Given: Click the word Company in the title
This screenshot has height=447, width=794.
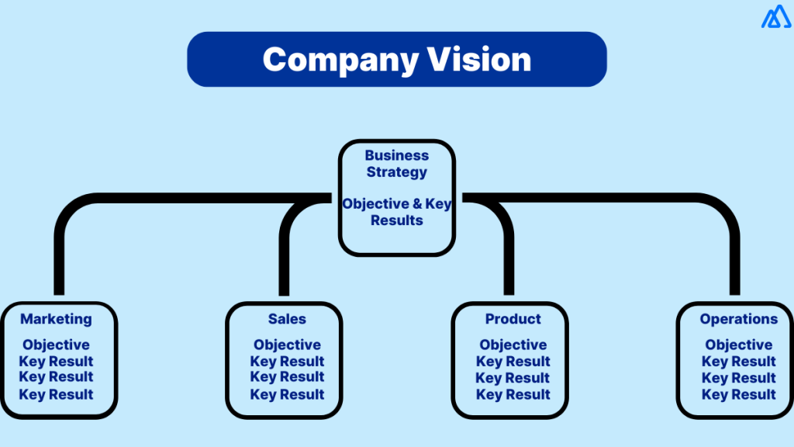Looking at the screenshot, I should click(x=340, y=60).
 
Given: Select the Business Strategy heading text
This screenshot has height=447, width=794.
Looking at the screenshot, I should click(x=396, y=163).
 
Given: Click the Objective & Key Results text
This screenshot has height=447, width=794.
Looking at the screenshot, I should click(x=396, y=212).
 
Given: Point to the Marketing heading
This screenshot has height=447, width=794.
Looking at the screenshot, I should click(x=56, y=319).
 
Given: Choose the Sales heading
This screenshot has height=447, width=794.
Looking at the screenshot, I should click(x=287, y=319).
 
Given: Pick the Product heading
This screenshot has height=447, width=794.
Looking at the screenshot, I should click(x=513, y=319).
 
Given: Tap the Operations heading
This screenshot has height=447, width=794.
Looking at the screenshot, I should click(x=738, y=319).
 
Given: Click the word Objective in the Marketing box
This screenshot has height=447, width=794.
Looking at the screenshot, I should click(x=56, y=345).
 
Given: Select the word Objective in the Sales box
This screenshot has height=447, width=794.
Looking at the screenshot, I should click(x=287, y=345).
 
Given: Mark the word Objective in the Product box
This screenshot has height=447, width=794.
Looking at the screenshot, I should click(x=513, y=345).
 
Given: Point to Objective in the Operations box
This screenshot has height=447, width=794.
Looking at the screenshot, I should click(x=738, y=345).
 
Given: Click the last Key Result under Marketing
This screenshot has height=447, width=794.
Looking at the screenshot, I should click(x=56, y=394).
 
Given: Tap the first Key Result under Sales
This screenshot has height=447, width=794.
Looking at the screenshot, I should click(x=287, y=362).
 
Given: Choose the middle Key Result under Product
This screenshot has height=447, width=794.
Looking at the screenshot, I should click(x=513, y=378).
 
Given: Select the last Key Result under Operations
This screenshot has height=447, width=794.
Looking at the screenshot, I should click(x=738, y=394).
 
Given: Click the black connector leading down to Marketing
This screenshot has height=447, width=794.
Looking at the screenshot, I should click(x=59, y=264).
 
